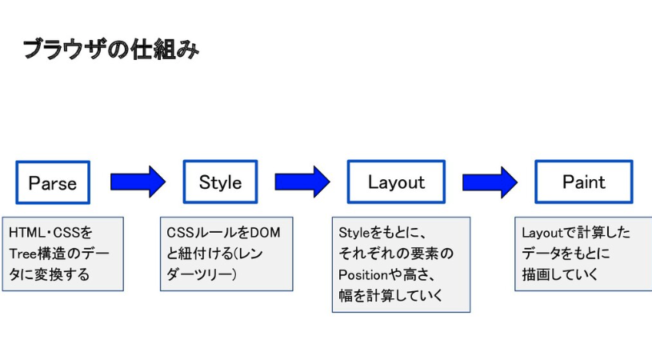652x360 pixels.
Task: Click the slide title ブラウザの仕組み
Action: tap(110, 50)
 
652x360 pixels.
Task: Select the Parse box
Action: tap(53, 182)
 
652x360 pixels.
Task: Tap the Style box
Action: tap(220, 182)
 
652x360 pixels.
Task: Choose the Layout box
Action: tap(396, 182)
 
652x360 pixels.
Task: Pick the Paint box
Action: tap(584, 182)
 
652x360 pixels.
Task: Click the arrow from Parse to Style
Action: tap(137, 182)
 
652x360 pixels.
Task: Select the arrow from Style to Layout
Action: tap(302, 182)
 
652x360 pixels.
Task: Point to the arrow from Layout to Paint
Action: tap(490, 182)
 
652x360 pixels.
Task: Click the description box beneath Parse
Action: tap(62, 254)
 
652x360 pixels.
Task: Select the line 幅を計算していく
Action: tap(391, 297)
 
